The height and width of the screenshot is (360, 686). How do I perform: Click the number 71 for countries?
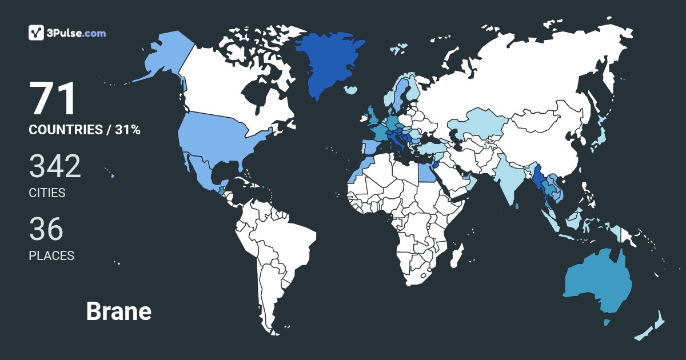point(53,99)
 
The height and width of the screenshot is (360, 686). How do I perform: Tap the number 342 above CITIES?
point(55,166)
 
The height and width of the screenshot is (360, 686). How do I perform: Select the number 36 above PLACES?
point(46,229)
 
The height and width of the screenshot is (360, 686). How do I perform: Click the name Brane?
point(118,311)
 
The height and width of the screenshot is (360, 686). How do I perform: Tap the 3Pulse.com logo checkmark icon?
point(37,33)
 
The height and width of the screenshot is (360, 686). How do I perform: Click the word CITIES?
point(47,193)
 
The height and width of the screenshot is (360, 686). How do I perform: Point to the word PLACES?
point(51,256)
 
